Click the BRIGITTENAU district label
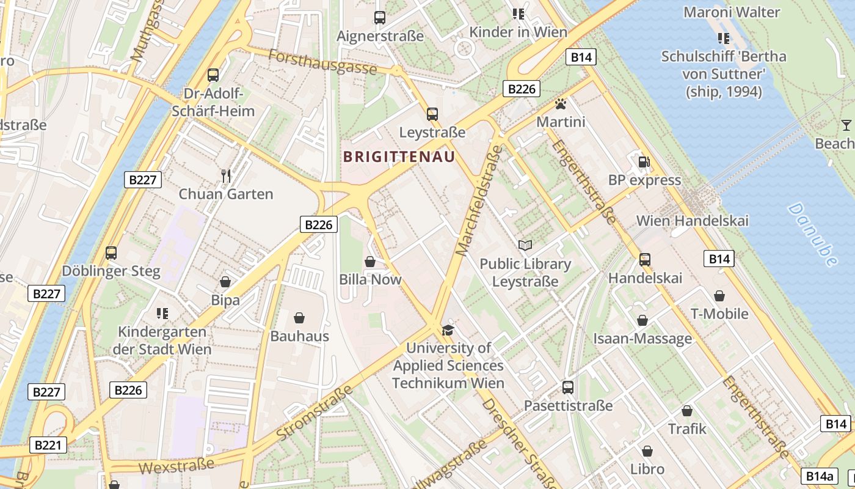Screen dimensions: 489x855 [399, 157]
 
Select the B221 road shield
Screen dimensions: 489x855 [47, 445]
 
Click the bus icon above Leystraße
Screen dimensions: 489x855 [432, 114]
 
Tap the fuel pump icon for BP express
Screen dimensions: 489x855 [644, 162]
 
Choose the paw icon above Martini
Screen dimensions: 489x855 [560, 104]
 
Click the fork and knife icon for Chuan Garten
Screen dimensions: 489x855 [226, 176]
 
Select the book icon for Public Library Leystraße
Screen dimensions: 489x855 [525, 245]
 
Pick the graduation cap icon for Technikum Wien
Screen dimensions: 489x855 [448, 330]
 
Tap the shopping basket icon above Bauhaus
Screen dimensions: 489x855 [299, 318]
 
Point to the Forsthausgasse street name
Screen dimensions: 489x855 [322, 62]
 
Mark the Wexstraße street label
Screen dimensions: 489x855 [176, 466]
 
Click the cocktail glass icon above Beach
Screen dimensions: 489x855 [846, 125]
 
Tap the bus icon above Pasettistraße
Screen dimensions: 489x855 [568, 387]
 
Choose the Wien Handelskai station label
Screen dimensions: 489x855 [692, 221]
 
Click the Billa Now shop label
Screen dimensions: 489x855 [370, 279]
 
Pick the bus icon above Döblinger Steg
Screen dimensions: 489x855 [111, 252]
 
